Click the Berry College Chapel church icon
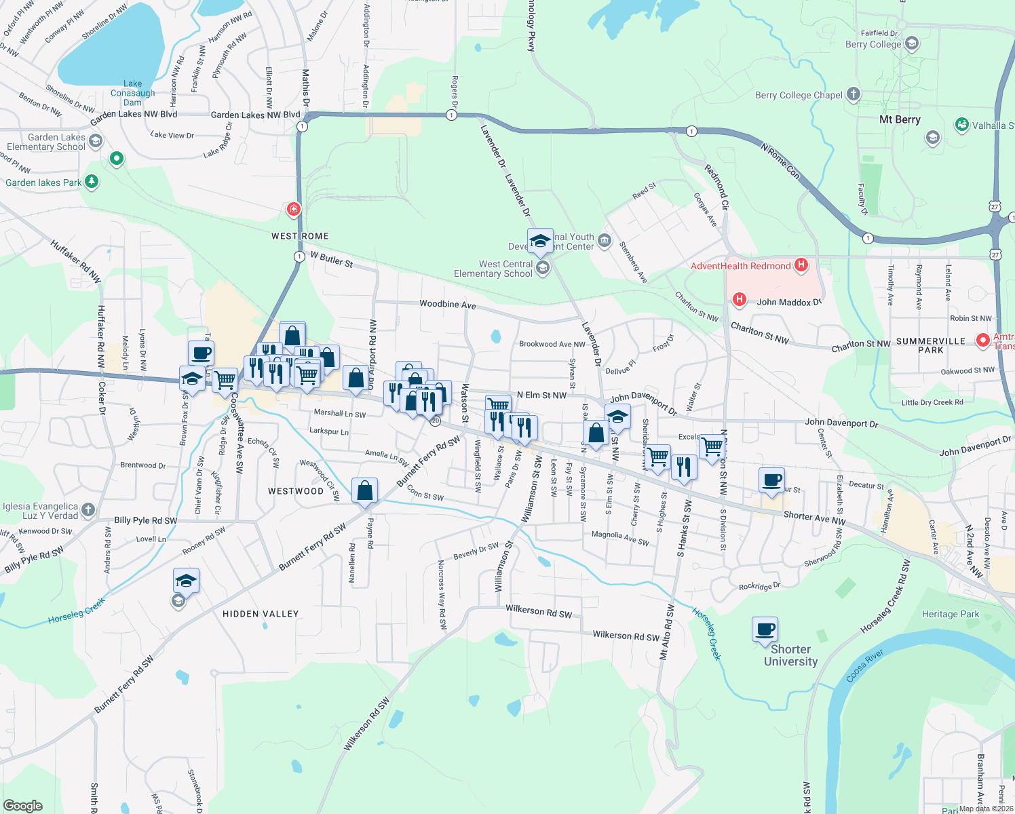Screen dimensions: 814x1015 point(854,94)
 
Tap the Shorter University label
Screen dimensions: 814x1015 point(790,655)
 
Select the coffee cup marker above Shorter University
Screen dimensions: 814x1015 point(765,629)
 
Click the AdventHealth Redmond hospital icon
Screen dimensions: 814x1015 point(801,265)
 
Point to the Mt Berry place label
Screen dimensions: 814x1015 point(900,119)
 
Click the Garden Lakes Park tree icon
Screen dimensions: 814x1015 point(92,182)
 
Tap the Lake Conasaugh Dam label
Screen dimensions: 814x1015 point(133,93)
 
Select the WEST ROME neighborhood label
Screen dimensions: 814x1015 point(300,236)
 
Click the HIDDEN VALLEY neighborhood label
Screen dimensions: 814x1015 point(261,614)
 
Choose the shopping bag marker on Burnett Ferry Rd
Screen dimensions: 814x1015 point(364,490)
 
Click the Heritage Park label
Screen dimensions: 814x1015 point(951,614)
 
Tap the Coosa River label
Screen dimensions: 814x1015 point(865,666)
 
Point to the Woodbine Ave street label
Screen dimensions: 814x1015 point(448,304)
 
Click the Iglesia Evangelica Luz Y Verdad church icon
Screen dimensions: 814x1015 point(88,510)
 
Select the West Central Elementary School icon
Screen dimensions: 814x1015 point(542,268)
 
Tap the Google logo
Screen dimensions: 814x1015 point(22,806)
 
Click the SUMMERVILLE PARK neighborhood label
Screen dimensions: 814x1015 point(931,345)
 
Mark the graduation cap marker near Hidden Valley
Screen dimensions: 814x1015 point(186,581)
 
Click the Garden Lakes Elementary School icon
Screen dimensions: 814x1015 point(96,141)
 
